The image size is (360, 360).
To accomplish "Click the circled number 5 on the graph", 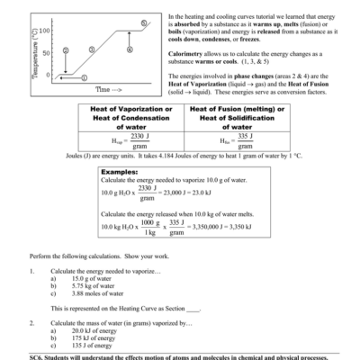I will [x=145, y=22].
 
